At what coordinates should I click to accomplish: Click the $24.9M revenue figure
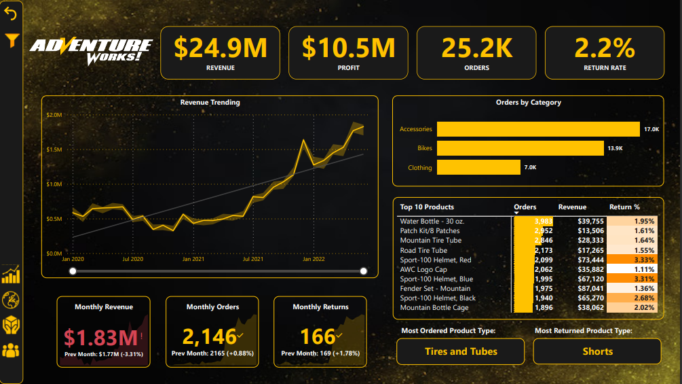point(221,48)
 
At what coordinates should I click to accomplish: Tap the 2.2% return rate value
point(605,48)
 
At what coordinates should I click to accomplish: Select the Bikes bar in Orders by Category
point(520,148)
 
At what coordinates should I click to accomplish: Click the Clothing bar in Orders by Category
point(478,167)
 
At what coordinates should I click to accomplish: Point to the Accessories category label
point(415,129)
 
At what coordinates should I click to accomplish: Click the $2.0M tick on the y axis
point(54,115)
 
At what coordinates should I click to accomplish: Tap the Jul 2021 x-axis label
point(253,259)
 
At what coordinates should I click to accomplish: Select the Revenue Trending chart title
point(210,103)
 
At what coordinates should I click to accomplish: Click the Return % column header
point(624,207)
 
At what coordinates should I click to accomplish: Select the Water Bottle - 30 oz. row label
point(432,222)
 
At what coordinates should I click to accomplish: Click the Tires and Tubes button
point(461,351)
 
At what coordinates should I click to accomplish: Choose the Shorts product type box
point(597,351)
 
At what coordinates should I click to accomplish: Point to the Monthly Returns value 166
point(318,336)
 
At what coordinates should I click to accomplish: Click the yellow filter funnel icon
point(12,40)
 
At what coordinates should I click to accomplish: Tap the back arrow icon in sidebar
point(11,13)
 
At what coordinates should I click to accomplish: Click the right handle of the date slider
point(364,271)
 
